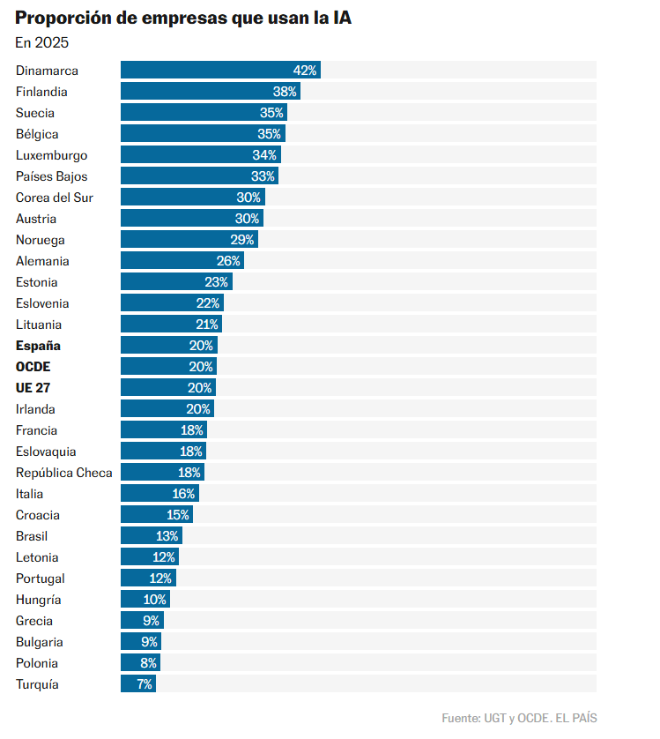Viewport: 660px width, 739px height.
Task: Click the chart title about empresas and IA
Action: point(183,19)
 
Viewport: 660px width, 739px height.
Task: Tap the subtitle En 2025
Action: point(41,42)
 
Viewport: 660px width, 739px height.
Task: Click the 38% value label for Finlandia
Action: point(285,92)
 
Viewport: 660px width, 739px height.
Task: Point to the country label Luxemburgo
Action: point(51,155)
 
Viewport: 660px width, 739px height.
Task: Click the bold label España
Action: point(38,346)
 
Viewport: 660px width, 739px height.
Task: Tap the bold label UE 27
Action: point(33,388)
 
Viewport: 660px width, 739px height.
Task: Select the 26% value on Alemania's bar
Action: point(228,261)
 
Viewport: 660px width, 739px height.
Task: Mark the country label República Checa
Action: point(64,473)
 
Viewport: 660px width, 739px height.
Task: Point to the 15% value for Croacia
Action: point(178,515)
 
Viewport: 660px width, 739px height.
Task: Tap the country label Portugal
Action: point(40,579)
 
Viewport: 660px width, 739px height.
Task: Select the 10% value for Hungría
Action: point(154,600)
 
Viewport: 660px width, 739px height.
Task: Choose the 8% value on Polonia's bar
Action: point(148,663)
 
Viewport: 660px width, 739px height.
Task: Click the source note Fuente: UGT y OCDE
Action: point(519,718)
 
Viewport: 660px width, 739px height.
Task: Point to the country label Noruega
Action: point(40,240)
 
